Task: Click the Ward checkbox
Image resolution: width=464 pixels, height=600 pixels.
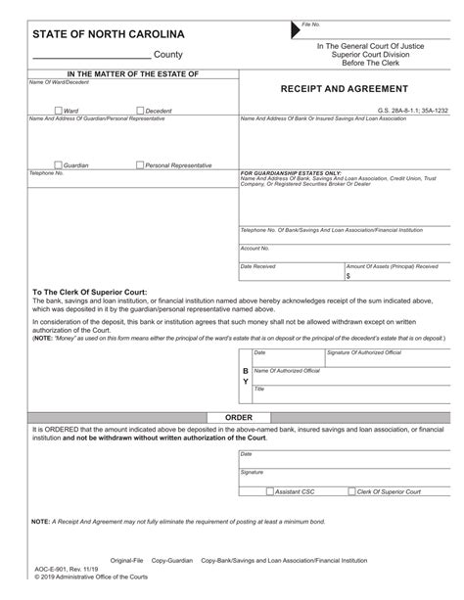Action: (x=59, y=111)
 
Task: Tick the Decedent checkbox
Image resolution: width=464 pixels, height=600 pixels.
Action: (x=141, y=111)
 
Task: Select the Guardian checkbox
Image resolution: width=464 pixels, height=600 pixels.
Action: (x=59, y=165)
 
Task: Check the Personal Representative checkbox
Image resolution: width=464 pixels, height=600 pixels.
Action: (x=141, y=165)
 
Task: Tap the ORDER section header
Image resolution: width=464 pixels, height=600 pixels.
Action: (x=239, y=416)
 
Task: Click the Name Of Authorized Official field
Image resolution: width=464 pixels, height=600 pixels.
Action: (x=348, y=377)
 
